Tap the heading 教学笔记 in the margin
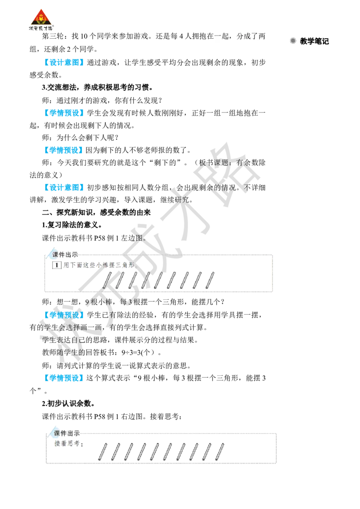(314, 41)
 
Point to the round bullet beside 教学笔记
(293, 41)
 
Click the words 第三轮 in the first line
(53, 36)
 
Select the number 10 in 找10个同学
(84, 36)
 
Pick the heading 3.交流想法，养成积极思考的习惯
(98, 87)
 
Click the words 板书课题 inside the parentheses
(214, 163)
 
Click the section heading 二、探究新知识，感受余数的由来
(96, 213)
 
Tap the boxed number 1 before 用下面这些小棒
(57, 265)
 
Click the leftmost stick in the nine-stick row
(107, 281)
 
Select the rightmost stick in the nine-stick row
(210, 281)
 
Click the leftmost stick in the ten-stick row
(103, 451)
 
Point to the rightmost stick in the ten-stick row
(220, 451)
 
